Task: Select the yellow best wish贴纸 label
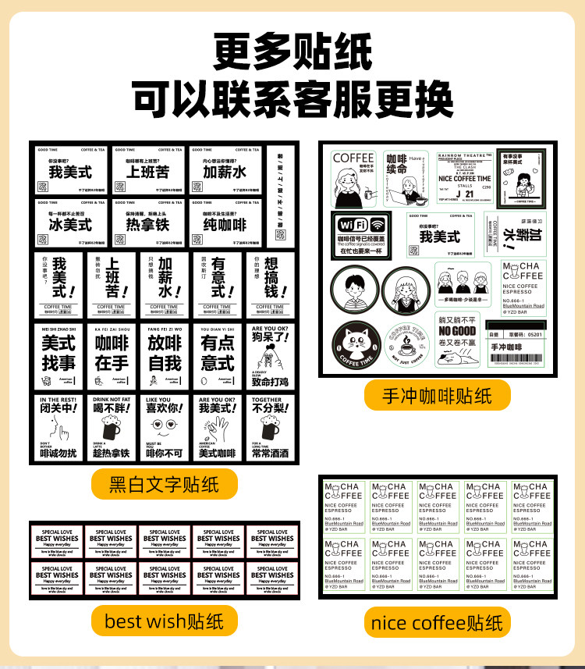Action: pyautogui.click(x=164, y=621)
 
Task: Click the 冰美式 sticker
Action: pyautogui.click(x=71, y=218)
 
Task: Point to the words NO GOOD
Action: pyautogui.click(x=458, y=330)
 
